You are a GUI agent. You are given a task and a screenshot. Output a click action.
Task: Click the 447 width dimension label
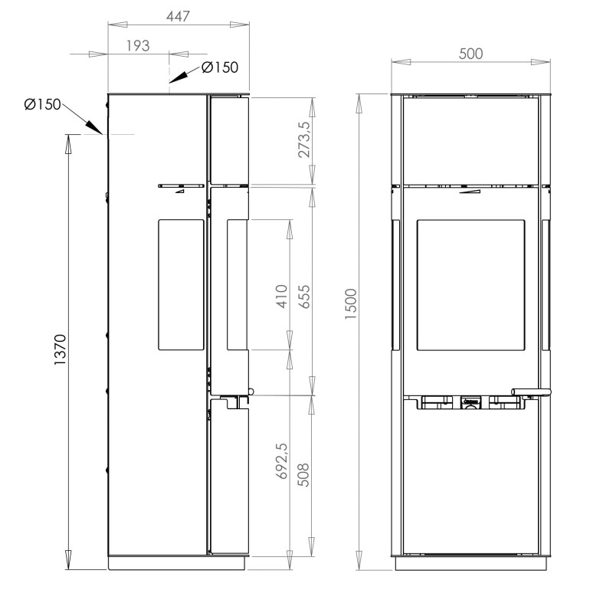178,16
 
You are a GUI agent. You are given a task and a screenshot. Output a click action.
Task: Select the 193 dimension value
138,46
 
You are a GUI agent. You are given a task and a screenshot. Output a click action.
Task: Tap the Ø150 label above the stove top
220,67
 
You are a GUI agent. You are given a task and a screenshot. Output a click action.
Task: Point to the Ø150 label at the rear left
43,104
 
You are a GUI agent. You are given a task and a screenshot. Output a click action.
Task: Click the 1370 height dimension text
61,350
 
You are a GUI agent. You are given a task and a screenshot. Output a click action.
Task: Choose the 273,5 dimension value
304,139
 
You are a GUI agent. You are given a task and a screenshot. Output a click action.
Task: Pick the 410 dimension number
282,297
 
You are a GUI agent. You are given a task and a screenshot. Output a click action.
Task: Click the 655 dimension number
304,297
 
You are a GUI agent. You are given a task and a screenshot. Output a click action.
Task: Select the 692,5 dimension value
282,461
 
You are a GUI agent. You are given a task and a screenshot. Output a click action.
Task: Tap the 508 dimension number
304,474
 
